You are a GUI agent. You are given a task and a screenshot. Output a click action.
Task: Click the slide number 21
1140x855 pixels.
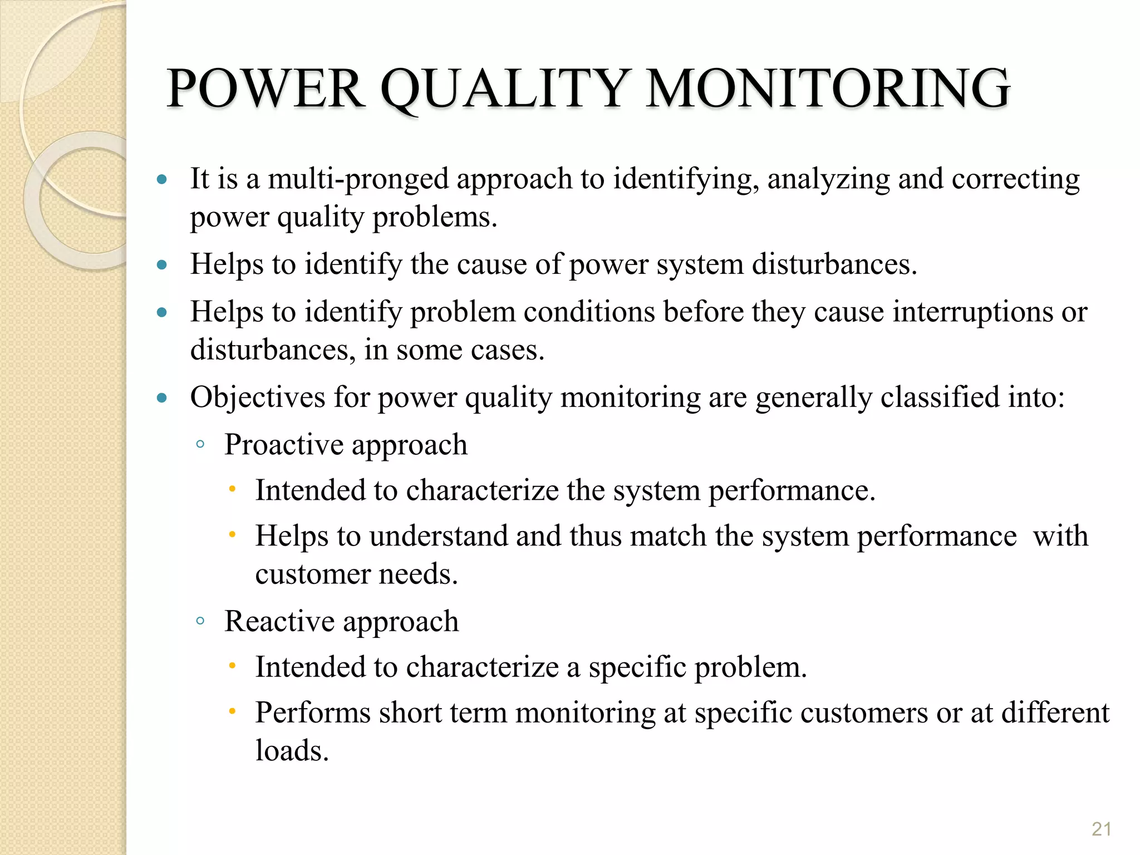pyautogui.click(x=1101, y=829)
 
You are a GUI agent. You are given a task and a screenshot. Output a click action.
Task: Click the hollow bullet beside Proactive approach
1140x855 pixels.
pyautogui.click(x=200, y=445)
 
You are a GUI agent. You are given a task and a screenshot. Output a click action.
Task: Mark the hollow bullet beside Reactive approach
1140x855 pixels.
pyautogui.click(x=200, y=621)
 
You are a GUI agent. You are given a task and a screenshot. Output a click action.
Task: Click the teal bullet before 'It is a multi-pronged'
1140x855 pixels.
pyautogui.click(x=162, y=179)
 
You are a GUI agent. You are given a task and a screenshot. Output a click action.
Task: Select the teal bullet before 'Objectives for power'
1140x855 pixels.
pyautogui.click(x=162, y=397)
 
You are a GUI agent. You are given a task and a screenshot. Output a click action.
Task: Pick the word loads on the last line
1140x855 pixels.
pyautogui.click(x=292, y=750)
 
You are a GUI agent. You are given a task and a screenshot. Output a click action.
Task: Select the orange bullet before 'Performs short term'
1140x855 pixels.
pyautogui.click(x=233, y=711)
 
